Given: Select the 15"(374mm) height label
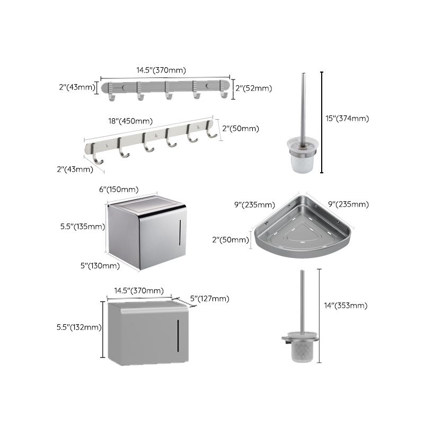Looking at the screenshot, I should tap(347, 119).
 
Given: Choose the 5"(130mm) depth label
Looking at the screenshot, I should tap(99, 266).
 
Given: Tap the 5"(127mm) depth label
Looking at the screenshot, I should tap(210, 299).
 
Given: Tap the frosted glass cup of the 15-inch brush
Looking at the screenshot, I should tap(302, 157).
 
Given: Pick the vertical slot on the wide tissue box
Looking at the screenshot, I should tap(179, 332).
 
